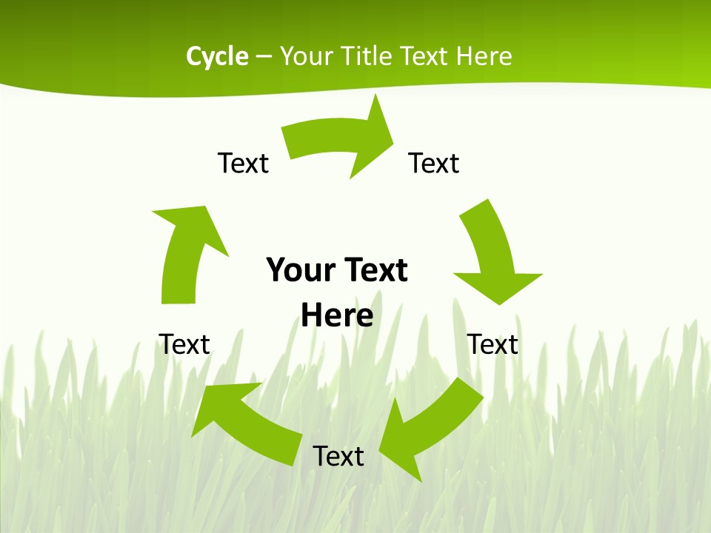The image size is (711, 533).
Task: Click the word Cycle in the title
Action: pos(217,56)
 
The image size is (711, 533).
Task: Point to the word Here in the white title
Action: pos(484,56)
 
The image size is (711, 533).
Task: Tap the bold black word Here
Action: pos(337,315)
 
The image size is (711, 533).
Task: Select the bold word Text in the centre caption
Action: pos(373,270)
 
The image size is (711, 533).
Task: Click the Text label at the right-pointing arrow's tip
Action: pos(434,163)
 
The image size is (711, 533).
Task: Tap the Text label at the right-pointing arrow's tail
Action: pos(243,163)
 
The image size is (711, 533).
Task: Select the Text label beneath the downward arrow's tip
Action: pos(493,344)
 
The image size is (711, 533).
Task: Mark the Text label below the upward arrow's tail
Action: pos(184,344)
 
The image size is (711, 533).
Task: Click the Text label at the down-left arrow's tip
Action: pos(338,456)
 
